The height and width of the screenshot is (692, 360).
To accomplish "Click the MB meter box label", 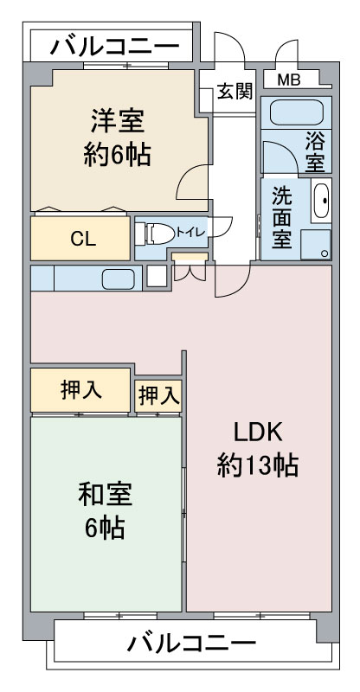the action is pyautogui.click(x=289, y=80).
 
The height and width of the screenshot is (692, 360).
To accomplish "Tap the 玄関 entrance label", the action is pyautogui.click(x=235, y=92).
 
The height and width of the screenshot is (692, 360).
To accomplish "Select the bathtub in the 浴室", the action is pyautogui.click(x=296, y=112).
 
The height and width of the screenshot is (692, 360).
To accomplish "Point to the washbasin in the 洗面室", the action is pyautogui.click(x=321, y=201).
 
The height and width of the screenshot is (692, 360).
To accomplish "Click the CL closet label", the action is pyautogui.click(x=83, y=239).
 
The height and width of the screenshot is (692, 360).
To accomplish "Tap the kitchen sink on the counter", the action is pyautogui.click(x=119, y=279).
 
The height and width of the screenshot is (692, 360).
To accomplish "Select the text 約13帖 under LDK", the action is pyautogui.click(x=258, y=465).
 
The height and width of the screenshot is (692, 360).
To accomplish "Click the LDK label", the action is pyautogui.click(x=258, y=433).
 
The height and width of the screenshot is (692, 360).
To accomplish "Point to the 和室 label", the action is pyautogui.click(x=105, y=495).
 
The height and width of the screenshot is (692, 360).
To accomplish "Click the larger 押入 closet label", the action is pyautogui.click(x=81, y=391).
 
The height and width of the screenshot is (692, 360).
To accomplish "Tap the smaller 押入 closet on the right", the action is pyautogui.click(x=158, y=396).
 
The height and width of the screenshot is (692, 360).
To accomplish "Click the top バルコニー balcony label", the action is pyautogui.click(x=114, y=47).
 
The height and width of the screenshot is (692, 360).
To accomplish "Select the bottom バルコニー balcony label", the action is pyautogui.click(x=191, y=643).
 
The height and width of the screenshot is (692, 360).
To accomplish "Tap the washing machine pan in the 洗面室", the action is pyautogui.click(x=315, y=244).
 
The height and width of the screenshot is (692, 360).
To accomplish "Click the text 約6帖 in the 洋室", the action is pyautogui.click(x=118, y=154).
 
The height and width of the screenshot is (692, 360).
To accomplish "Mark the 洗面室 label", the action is pyautogui.click(x=281, y=218).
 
